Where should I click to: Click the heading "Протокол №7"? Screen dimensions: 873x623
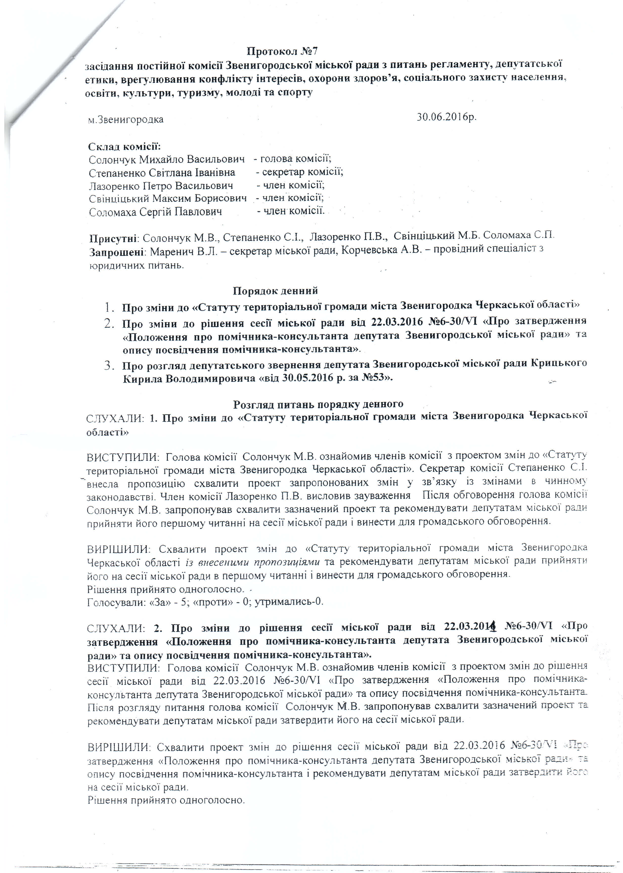click(x=282, y=51)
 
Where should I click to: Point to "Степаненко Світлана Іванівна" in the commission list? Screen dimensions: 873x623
click(x=162, y=173)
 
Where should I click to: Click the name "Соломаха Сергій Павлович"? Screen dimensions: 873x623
click(x=155, y=212)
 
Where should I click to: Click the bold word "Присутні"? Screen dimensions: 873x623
click(x=114, y=238)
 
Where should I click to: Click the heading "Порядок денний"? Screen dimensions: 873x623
click(x=275, y=290)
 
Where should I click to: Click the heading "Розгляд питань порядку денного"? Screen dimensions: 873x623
click(x=318, y=404)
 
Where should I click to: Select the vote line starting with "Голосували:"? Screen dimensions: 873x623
click(x=205, y=602)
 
